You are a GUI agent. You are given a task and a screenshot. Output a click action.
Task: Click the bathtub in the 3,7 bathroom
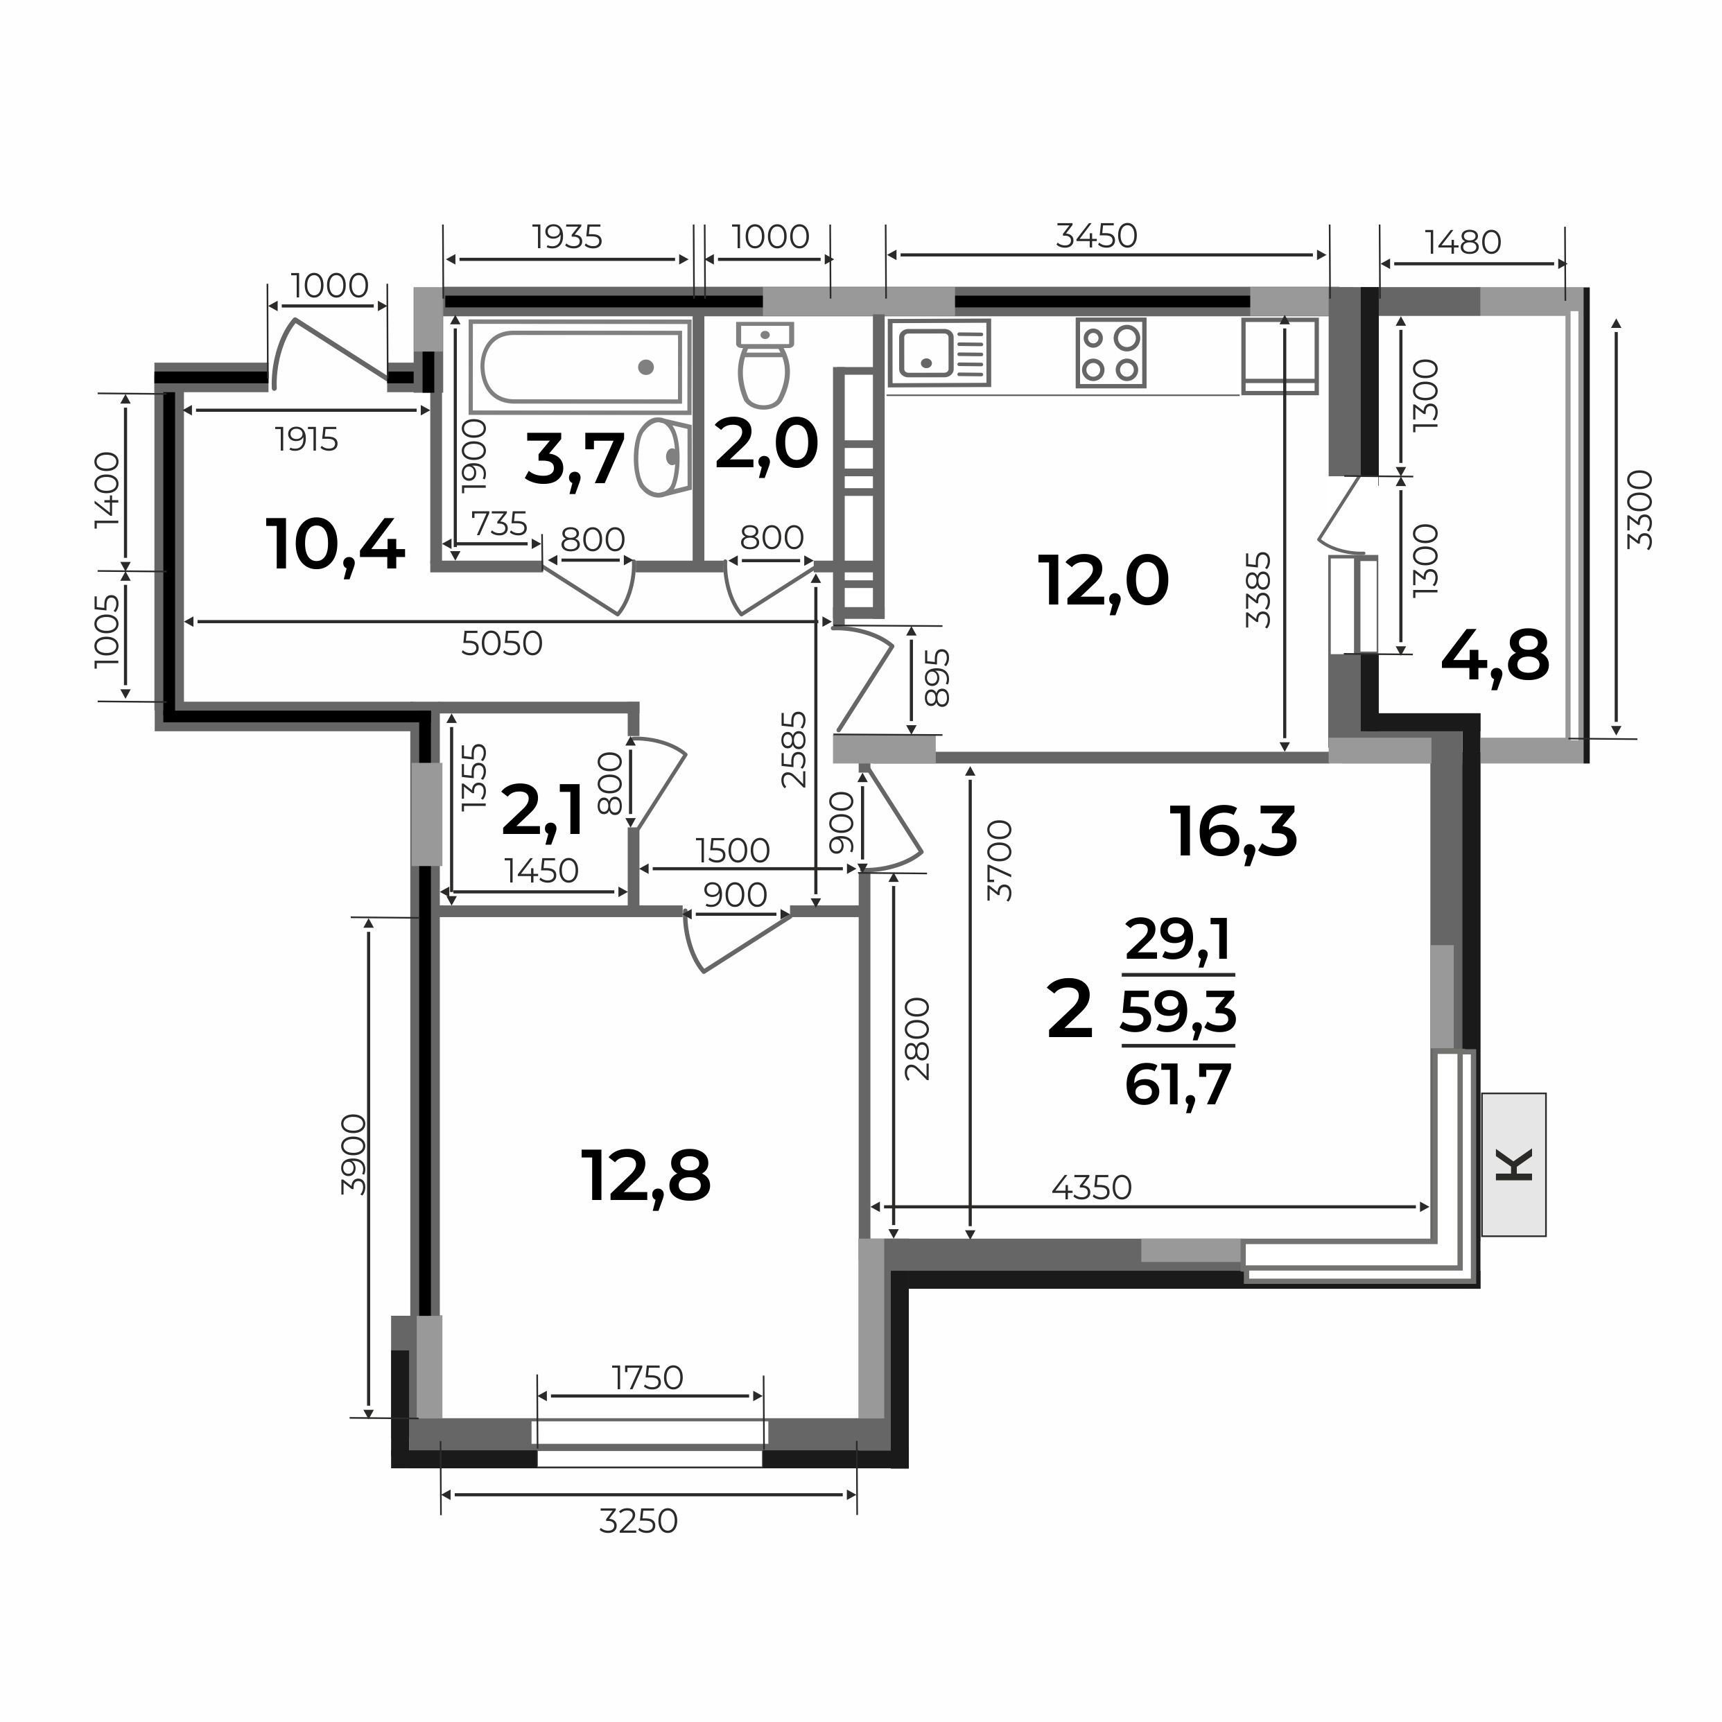tap(580, 366)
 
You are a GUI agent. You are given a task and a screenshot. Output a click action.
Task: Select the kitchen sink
tap(939, 353)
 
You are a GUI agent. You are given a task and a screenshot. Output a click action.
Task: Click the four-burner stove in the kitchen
tap(1111, 353)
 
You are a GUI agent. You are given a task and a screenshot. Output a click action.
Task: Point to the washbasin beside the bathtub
tap(662, 458)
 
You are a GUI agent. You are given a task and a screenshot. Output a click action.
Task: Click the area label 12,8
tap(645, 1176)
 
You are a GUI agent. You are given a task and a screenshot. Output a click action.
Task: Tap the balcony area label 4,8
tap(1495, 656)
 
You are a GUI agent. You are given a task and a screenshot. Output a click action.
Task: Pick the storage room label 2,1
tap(542, 810)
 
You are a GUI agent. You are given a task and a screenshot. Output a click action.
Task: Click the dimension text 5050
tap(502, 643)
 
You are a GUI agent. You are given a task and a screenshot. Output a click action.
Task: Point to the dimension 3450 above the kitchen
tap(1096, 236)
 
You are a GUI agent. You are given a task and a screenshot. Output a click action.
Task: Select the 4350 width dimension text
tap(1091, 1188)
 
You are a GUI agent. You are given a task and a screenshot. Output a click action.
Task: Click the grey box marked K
tap(1513, 1165)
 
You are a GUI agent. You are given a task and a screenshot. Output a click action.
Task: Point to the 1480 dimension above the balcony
tap(1463, 241)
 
